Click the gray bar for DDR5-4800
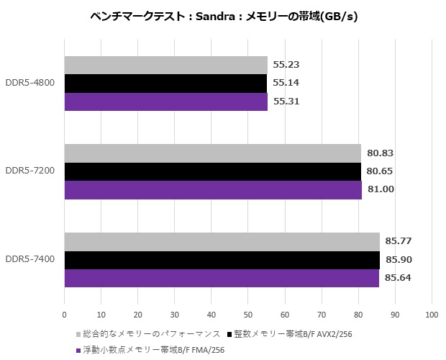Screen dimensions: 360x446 165,65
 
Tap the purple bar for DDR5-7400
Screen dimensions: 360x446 222,278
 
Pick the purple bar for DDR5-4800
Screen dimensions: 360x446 165,102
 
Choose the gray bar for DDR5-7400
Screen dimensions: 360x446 222,241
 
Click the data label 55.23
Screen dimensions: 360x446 286,65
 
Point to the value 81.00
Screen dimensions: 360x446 379,189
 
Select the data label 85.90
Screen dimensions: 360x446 398,259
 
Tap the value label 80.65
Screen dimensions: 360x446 379,171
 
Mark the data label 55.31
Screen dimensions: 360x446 286,102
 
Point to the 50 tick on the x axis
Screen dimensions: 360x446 248,315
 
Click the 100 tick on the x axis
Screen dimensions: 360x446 432,315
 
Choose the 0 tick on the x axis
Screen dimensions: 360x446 65,315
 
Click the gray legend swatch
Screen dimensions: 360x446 78,334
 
